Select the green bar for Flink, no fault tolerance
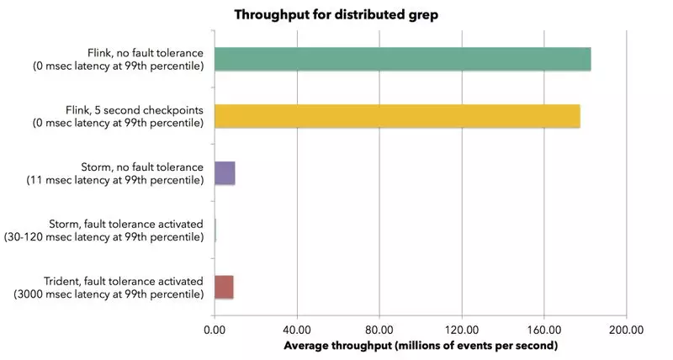click(402, 60)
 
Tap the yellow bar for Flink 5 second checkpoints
click(397, 116)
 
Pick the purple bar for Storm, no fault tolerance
click(225, 173)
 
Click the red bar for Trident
click(224, 287)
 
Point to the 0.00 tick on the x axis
click(215, 330)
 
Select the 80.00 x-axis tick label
click(379, 330)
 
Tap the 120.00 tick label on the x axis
click(461, 330)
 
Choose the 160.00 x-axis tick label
click(543, 330)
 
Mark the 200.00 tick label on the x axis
click(625, 330)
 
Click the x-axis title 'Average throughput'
click(421, 346)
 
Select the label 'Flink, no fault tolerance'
click(145, 52)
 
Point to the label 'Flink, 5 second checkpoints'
click(135, 109)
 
